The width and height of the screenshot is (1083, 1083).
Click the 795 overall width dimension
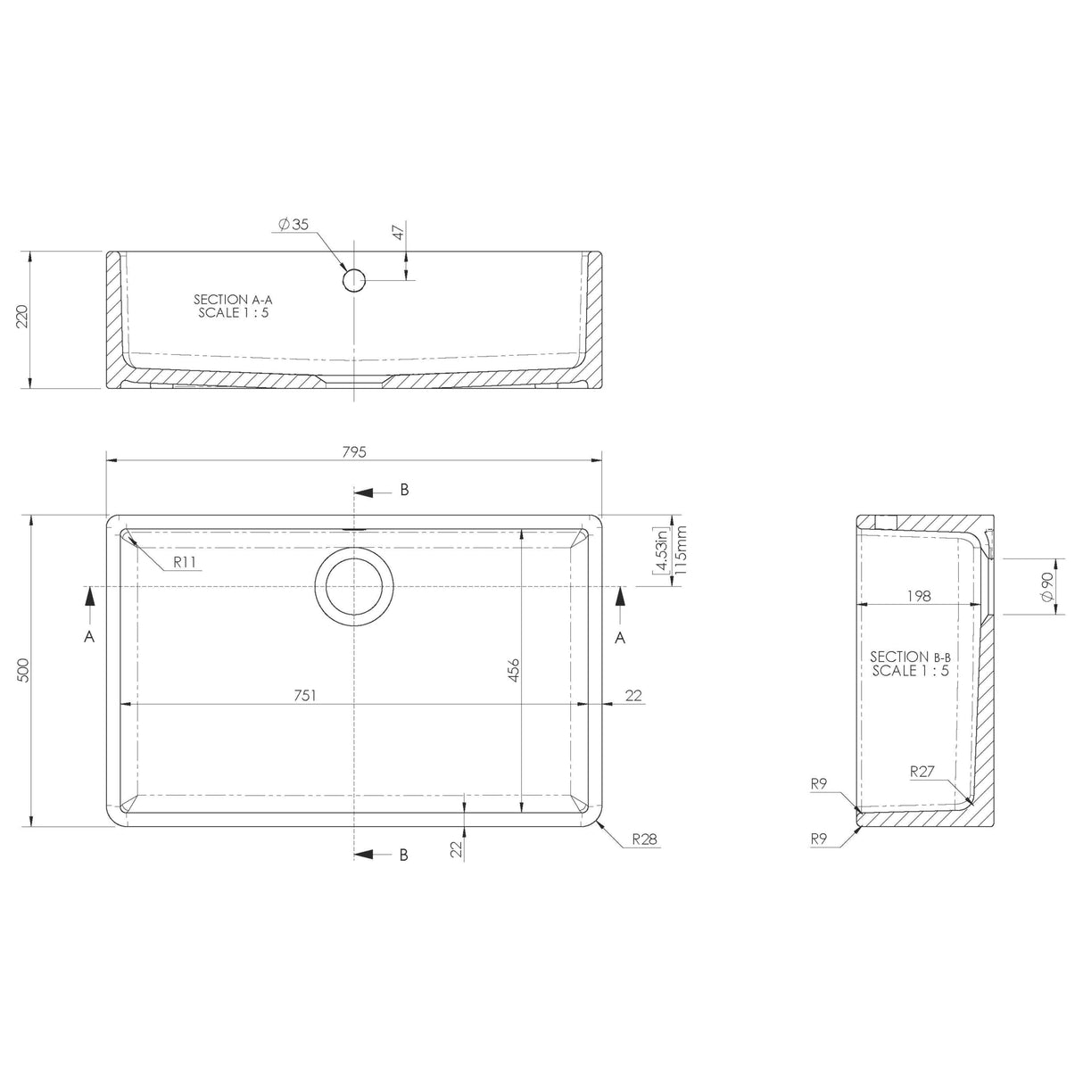tap(353, 452)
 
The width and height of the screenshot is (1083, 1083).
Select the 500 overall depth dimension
tap(24, 670)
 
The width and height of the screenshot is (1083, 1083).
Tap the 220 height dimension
tap(24, 318)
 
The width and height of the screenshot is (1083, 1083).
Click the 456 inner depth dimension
tap(513, 669)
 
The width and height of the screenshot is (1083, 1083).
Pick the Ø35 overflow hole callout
tap(293, 226)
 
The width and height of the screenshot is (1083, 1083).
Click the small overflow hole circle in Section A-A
tap(354, 280)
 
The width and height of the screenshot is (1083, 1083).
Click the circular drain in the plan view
tap(354, 586)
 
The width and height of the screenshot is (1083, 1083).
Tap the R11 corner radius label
tap(185, 562)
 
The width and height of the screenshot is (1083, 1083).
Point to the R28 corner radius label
tap(644, 839)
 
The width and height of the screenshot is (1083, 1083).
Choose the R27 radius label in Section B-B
tap(922, 772)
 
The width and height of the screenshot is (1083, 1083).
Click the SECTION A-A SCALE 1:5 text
tap(232, 306)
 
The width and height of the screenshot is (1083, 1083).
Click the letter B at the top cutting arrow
tap(404, 490)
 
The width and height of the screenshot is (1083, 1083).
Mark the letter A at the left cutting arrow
tap(89, 636)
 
